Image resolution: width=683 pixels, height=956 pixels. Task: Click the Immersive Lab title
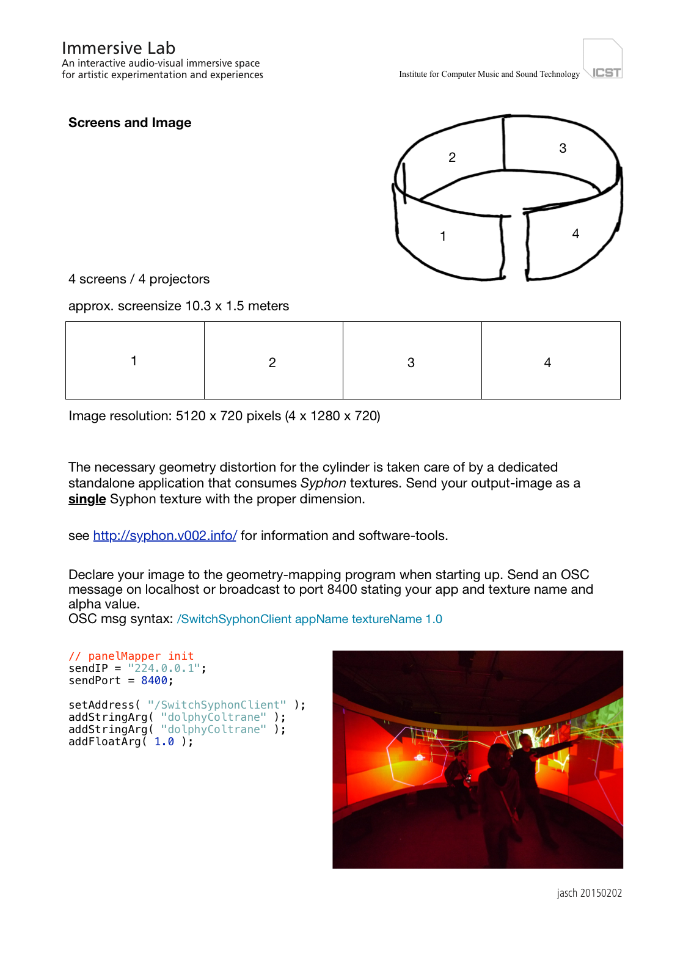click(x=119, y=48)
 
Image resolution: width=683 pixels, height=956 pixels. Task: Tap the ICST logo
click(x=603, y=60)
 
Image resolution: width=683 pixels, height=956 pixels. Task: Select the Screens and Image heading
click(x=130, y=123)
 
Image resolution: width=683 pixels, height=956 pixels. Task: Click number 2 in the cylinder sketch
click(x=452, y=158)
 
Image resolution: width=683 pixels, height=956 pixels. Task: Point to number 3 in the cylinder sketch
click(x=563, y=148)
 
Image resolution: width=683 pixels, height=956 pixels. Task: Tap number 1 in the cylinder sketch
click(x=443, y=236)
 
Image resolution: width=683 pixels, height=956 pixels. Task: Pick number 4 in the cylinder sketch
click(x=575, y=234)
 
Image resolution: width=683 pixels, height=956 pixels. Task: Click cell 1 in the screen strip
click(x=134, y=360)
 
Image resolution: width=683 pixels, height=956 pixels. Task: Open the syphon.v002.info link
click(x=165, y=536)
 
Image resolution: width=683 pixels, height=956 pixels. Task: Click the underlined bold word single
click(x=87, y=499)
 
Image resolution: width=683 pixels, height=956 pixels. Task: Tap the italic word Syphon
click(x=323, y=483)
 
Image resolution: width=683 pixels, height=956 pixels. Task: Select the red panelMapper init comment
click(x=131, y=656)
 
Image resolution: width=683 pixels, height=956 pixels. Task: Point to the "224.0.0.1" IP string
click(x=164, y=668)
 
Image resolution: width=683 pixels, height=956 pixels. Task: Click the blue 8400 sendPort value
click(x=154, y=681)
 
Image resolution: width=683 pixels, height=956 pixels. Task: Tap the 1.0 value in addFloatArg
click(x=164, y=742)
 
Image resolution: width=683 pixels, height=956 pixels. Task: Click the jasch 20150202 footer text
click(x=589, y=893)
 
